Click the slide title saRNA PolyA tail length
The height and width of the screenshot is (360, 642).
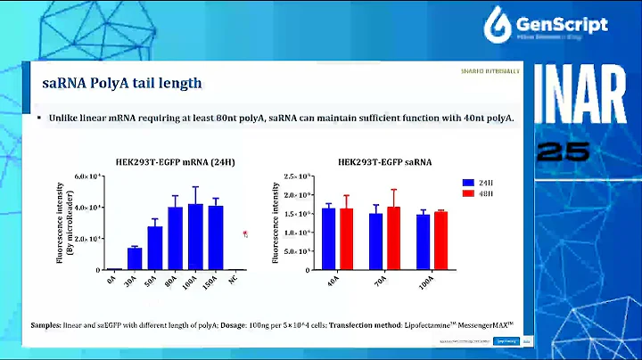[122, 84]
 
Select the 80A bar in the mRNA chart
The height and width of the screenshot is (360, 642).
[175, 238]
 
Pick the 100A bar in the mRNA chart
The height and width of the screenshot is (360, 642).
[195, 236]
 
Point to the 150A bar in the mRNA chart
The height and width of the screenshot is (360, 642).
[215, 237]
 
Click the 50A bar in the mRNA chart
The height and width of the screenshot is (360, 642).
[155, 248]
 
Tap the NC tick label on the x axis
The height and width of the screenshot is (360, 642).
[234, 280]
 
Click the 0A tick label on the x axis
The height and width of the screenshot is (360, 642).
[112, 280]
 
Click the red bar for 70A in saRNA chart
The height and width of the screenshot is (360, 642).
[393, 238]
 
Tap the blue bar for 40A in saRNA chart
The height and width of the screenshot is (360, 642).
[330, 238]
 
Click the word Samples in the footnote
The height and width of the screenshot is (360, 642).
[46, 325]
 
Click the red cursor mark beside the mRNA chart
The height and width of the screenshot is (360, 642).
[245, 233]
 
